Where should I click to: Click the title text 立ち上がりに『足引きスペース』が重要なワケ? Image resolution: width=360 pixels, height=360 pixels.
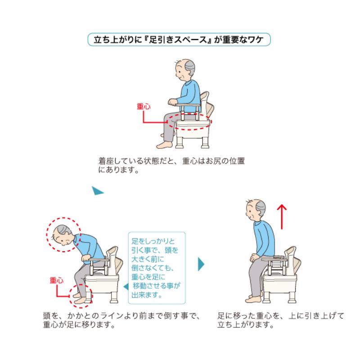coord(180,39)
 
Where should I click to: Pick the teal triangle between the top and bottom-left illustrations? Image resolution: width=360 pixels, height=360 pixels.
coord(97,191)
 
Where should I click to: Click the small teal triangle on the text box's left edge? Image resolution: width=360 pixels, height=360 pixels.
coord(127,287)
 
